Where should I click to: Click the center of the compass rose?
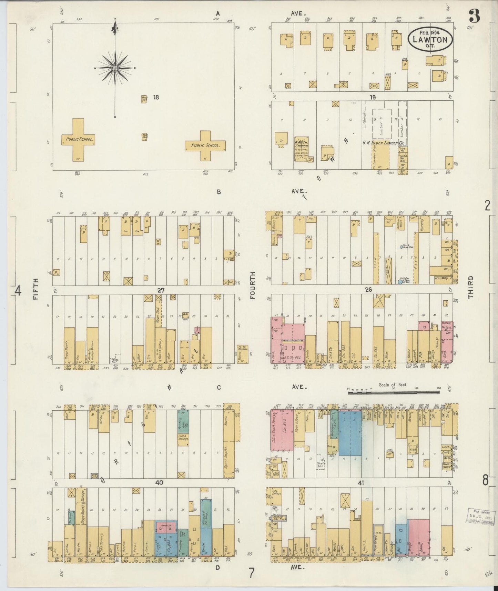click(114, 68)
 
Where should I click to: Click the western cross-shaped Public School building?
click(78, 140)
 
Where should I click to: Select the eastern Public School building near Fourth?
click(205, 145)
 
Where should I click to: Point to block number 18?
click(156, 97)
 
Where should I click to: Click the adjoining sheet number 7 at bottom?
click(252, 573)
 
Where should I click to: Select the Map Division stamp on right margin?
click(481, 516)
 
